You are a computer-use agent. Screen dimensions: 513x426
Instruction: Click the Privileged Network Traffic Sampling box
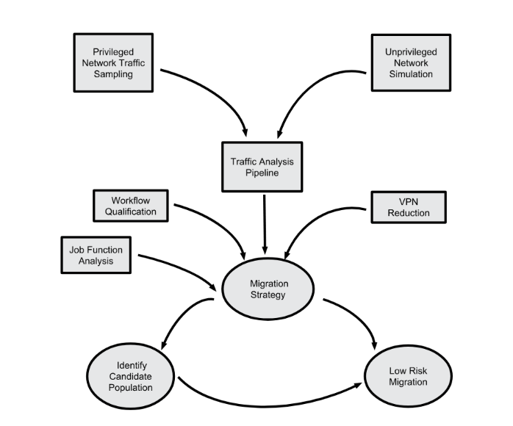pos(113,62)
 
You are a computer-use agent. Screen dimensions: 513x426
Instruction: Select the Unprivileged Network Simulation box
pos(411,62)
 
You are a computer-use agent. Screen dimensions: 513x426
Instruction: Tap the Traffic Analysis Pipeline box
pos(262,167)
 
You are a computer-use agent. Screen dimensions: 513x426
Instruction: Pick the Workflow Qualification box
pos(131,206)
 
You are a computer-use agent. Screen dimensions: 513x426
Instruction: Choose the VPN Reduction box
pos(409,207)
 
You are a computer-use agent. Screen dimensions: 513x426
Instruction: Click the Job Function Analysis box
pos(96,255)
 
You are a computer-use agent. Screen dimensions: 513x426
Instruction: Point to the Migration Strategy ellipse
pos(268,289)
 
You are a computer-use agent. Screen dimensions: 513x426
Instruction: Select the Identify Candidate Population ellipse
pos(131,376)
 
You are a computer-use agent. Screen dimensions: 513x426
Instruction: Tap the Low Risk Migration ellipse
pos(408,376)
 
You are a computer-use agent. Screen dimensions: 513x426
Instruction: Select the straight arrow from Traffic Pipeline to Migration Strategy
pos(265,224)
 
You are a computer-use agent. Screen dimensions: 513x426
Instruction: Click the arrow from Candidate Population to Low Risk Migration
pos(265,406)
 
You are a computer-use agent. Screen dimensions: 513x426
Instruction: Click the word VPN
pos(409,202)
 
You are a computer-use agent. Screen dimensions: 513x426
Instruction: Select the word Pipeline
pos(262,173)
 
